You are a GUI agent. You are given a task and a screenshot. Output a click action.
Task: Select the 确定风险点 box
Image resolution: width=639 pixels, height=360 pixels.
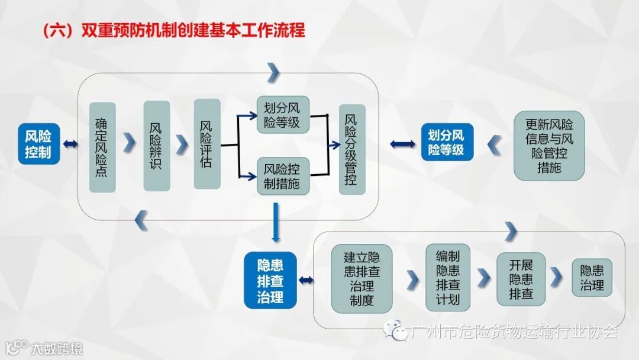click(102, 147)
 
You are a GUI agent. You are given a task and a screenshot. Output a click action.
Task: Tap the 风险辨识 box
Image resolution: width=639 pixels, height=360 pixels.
click(156, 146)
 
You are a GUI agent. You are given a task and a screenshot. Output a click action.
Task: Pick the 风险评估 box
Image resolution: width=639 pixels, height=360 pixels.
click(206, 144)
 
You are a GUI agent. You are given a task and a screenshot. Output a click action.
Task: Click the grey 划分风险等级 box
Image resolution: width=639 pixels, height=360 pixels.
click(282, 115)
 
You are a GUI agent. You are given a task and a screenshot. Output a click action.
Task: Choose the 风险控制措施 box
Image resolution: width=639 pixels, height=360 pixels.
click(282, 176)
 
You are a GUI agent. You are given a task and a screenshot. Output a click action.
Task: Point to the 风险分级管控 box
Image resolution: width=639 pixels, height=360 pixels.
click(351, 149)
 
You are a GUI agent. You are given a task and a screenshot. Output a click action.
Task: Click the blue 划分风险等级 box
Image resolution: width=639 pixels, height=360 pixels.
click(447, 142)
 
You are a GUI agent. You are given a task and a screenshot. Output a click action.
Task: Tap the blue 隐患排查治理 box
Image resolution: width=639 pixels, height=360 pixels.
click(270, 280)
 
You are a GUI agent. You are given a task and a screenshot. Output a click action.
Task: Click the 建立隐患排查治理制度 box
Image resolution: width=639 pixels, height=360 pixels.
click(361, 278)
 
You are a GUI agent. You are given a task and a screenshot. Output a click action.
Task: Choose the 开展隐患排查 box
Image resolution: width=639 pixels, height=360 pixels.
click(521, 278)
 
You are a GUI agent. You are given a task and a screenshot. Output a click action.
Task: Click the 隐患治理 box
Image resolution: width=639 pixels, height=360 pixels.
click(592, 278)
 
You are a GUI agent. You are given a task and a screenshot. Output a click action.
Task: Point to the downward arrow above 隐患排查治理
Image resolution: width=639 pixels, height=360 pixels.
click(276, 223)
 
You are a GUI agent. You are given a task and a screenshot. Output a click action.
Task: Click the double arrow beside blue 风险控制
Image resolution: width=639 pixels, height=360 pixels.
click(70, 144)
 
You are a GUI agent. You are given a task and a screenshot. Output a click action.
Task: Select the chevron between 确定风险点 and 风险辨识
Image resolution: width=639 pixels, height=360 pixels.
click(130, 144)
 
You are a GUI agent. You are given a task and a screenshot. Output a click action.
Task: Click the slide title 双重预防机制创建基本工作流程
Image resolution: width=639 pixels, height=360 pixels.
click(174, 30)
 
